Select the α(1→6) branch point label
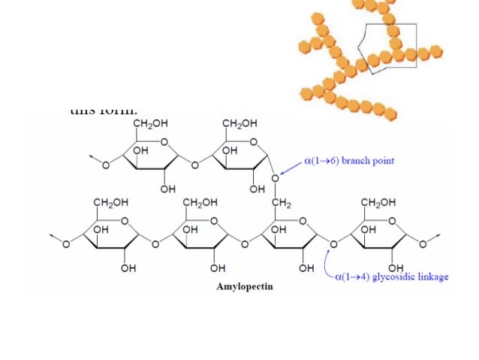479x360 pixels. [x=348, y=161]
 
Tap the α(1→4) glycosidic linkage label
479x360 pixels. [x=392, y=277]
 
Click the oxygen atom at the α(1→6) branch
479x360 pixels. [x=275, y=178]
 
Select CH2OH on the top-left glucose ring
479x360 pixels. [x=150, y=123]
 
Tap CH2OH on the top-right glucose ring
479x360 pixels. [x=239, y=123]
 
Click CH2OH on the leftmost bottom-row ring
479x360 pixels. [x=110, y=202]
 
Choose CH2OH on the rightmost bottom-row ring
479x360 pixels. [x=378, y=202]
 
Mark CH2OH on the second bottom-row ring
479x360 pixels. [x=200, y=202]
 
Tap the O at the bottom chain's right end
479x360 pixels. [x=423, y=244]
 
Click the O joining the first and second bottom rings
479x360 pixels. [x=155, y=244]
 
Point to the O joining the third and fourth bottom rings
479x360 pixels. [x=334, y=244]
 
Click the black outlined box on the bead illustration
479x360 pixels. [x=387, y=47]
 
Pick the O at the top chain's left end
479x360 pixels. [x=105, y=164]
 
